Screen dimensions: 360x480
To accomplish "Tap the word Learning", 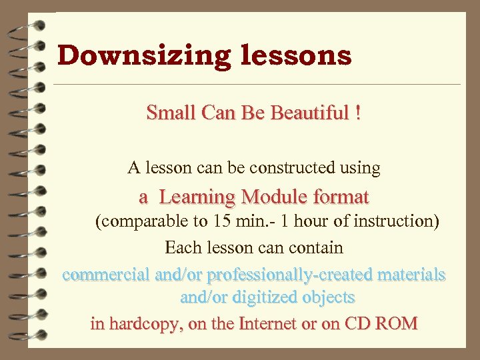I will click(x=197, y=197).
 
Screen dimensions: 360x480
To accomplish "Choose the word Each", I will click(x=181, y=248).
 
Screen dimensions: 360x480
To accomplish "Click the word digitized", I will click(x=257, y=297).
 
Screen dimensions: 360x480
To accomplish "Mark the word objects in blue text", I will click(x=329, y=297).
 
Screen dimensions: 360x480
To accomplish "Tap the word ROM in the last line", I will click(x=397, y=324).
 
